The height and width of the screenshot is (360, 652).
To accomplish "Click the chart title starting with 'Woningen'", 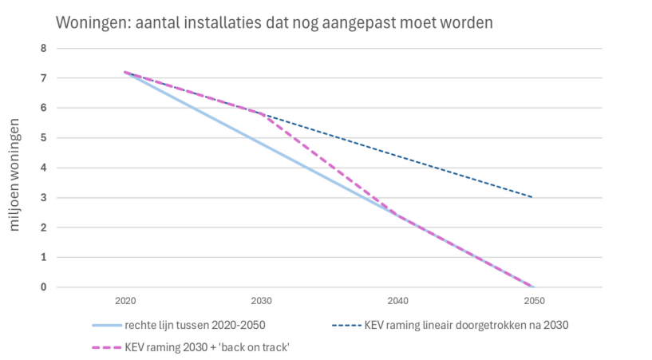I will [x=274, y=22].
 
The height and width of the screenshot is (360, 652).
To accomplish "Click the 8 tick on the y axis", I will [x=44, y=48].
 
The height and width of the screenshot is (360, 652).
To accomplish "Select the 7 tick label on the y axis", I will [x=44, y=78].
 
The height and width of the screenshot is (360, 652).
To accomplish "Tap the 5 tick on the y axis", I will [x=44, y=138].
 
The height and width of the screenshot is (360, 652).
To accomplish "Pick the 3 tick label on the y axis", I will [x=44, y=198].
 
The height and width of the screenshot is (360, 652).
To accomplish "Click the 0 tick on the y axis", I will [x=44, y=287].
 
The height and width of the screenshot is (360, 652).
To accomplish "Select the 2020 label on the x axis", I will [x=125, y=302].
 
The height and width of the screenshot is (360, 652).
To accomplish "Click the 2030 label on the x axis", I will [x=262, y=302].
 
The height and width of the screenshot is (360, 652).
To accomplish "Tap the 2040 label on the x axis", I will [x=397, y=302].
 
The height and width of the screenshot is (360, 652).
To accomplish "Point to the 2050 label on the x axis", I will [x=534, y=302].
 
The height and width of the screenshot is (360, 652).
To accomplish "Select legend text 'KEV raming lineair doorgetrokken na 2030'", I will [x=469, y=326].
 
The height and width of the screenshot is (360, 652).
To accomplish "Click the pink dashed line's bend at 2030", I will [x=262, y=113].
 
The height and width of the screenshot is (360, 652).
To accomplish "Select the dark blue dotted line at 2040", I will [x=397, y=156].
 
